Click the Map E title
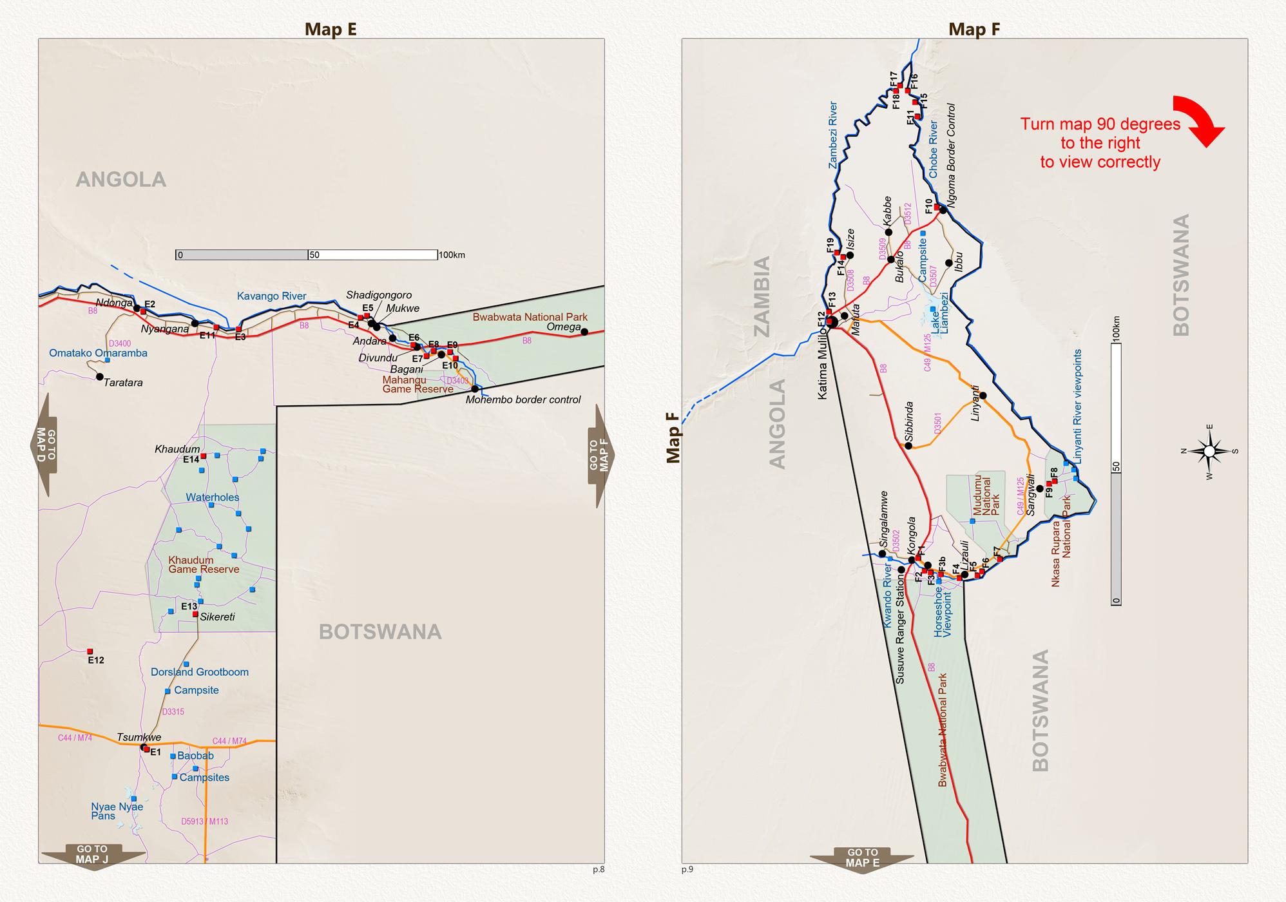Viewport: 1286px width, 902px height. pos(331,29)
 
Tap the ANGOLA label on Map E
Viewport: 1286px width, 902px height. pos(121,179)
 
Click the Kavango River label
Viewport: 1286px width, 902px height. pos(271,296)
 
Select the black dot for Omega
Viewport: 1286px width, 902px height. pos(584,332)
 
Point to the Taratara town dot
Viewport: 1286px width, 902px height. pos(99,376)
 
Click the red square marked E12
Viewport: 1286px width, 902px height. pos(90,651)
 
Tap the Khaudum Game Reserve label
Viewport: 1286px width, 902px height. pos(204,565)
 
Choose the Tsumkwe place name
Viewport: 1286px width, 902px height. pos(139,738)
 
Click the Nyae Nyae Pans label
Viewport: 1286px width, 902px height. pos(117,811)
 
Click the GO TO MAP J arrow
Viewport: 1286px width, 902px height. pos(92,855)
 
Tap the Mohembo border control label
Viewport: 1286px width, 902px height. pos(523,399)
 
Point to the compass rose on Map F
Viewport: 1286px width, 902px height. pos(1209,451)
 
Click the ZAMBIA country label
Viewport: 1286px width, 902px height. pos(762,296)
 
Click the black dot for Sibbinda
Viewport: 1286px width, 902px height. pos(908,445)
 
